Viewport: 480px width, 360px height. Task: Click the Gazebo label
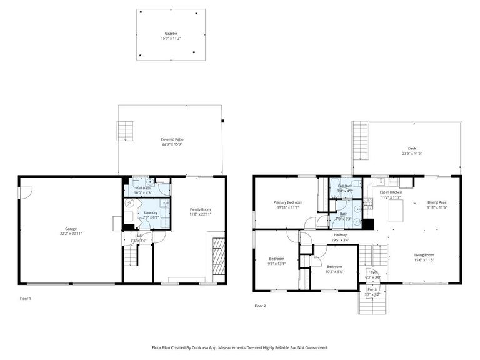click(171, 33)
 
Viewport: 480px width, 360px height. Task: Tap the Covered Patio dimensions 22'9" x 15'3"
click(172, 144)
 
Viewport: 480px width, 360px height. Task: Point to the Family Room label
click(201, 209)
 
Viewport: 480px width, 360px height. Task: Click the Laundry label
click(151, 212)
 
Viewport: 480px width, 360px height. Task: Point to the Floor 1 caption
click(25, 299)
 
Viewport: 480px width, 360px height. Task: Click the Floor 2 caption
click(260, 306)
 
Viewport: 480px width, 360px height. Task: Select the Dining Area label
click(437, 202)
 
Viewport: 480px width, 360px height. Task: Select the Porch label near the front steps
click(372, 289)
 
